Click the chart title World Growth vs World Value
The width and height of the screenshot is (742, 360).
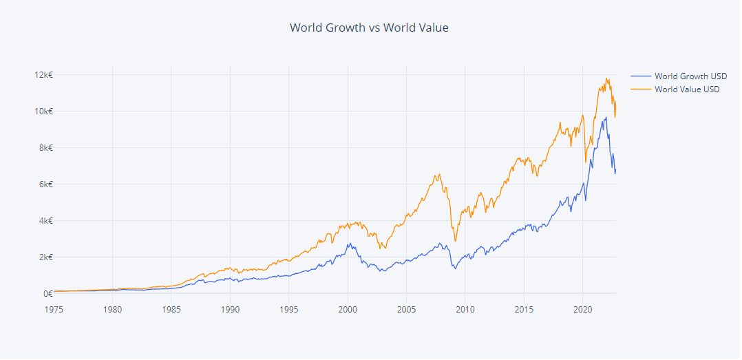pos(369,28)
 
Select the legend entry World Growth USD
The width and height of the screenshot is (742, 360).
pos(690,76)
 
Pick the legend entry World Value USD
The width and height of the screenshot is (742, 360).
pos(687,89)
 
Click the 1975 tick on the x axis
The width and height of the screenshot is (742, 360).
pos(54,308)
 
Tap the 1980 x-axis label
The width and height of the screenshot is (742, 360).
pos(113,308)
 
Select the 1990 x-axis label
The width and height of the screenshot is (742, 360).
pos(231,308)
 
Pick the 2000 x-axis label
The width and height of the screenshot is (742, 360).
pos(348,308)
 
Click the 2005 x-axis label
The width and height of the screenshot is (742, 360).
pos(407,308)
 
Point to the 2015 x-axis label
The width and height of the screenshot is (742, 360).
pos(524,308)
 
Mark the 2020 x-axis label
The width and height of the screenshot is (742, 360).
pos(583,308)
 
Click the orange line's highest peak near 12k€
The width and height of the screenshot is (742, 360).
pos(606,78)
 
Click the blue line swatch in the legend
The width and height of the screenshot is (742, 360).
pos(640,76)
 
